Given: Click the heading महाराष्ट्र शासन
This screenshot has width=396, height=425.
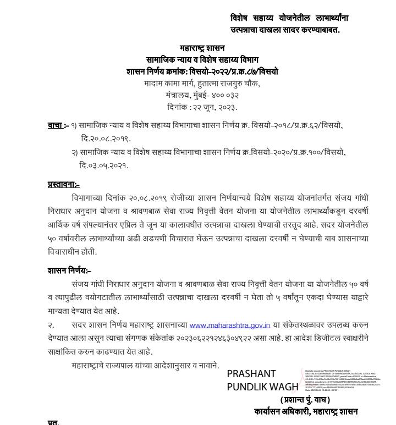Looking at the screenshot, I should (x=202, y=48).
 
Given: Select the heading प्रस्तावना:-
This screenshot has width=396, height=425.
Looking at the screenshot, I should (x=64, y=185).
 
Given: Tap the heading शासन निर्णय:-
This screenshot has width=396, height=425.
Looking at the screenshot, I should (x=69, y=270).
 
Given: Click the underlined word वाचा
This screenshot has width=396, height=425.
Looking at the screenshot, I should (x=55, y=125).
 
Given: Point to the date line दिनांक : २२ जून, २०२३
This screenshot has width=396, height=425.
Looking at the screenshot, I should (x=202, y=107).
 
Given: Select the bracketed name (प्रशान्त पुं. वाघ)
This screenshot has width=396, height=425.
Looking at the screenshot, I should (x=305, y=400).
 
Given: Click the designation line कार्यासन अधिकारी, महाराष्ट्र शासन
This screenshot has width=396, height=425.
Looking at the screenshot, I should (x=306, y=411).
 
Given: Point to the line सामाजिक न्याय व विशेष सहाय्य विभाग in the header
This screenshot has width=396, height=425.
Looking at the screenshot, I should (x=202, y=59).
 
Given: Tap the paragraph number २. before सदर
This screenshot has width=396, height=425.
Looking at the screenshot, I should (x=51, y=326).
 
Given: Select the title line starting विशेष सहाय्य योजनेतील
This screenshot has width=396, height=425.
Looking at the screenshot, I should (x=289, y=18).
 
